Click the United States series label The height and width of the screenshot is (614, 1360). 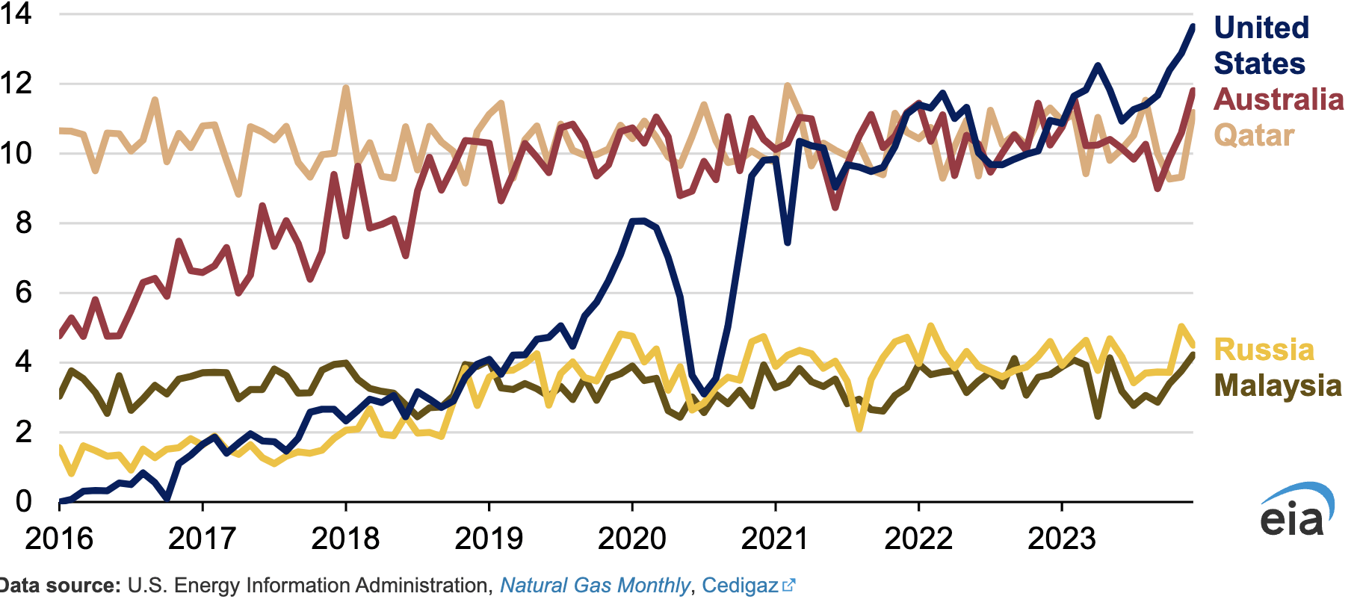1261,46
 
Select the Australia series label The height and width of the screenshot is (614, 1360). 1278,99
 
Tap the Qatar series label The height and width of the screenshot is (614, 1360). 1253,135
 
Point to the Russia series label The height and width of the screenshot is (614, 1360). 1264,350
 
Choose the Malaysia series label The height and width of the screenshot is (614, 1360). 1277,385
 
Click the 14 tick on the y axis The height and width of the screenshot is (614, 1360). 16,13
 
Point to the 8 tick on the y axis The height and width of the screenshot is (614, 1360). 24,223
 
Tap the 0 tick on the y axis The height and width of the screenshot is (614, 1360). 24,501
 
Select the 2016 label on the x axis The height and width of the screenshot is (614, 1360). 59,539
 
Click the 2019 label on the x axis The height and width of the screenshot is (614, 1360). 489,539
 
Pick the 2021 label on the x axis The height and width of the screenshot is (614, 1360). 775,539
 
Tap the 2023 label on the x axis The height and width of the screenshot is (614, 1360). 1062,539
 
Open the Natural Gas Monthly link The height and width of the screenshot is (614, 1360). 594,586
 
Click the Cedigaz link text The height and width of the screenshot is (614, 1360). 740,586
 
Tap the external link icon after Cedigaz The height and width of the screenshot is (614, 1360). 788,586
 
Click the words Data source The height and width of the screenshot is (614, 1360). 60,586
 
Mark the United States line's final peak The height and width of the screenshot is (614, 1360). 1193,26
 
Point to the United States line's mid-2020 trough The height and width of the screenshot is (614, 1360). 703,393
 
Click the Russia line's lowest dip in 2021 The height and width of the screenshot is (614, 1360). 859,429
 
